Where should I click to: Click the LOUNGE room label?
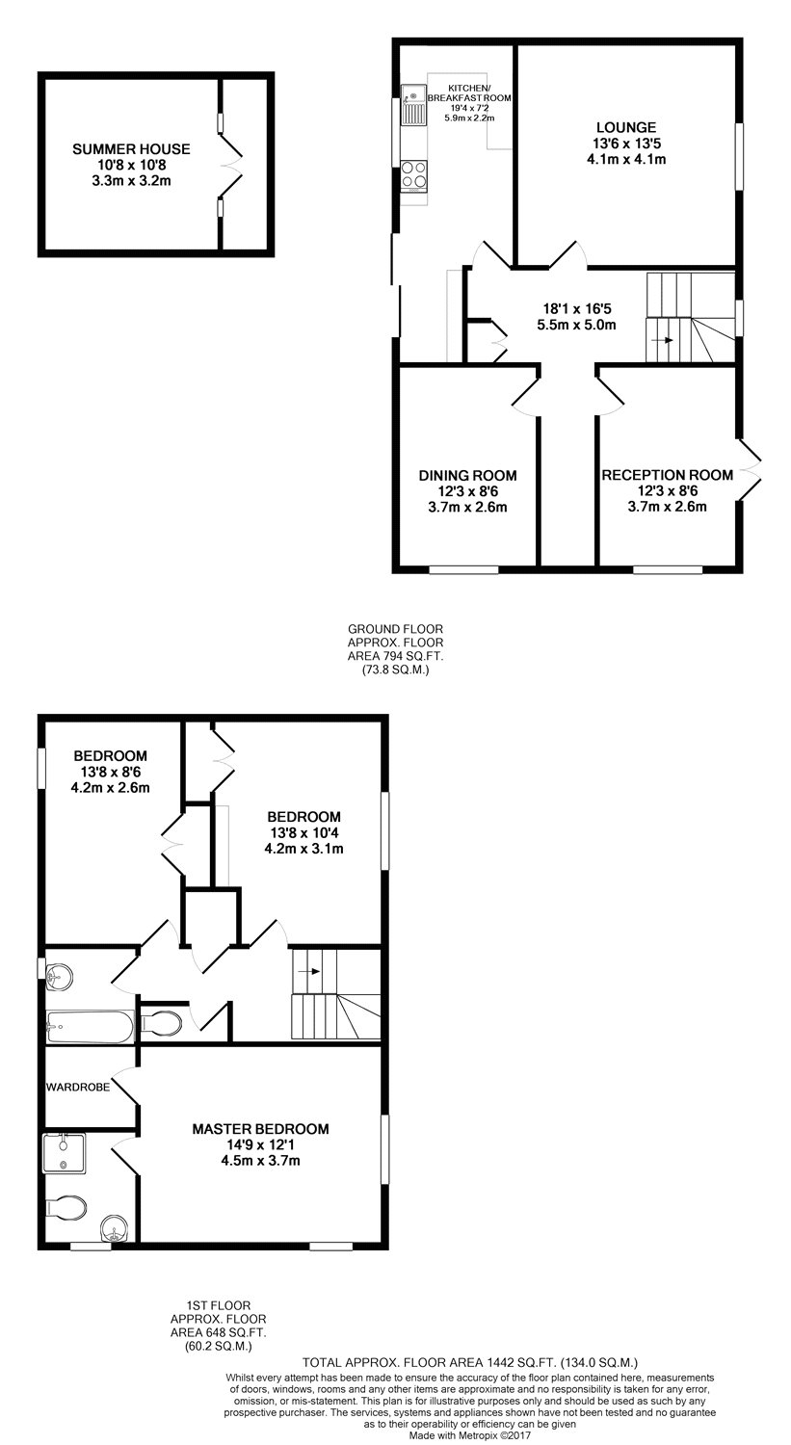(626, 128)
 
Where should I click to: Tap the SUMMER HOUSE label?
(132, 149)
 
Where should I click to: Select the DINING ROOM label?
(468, 476)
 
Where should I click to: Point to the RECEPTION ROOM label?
(667, 476)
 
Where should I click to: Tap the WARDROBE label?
(78, 1087)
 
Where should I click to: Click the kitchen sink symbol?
(413, 105)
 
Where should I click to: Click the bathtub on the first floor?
(90, 1026)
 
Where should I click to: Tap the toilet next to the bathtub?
(162, 1022)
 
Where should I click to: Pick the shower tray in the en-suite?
(64, 1152)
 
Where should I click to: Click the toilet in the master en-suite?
(66, 1208)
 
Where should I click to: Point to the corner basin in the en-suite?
(116, 1227)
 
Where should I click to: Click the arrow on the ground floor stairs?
(662, 340)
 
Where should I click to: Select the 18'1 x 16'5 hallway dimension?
(577, 309)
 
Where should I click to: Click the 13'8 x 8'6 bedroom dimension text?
(111, 772)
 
